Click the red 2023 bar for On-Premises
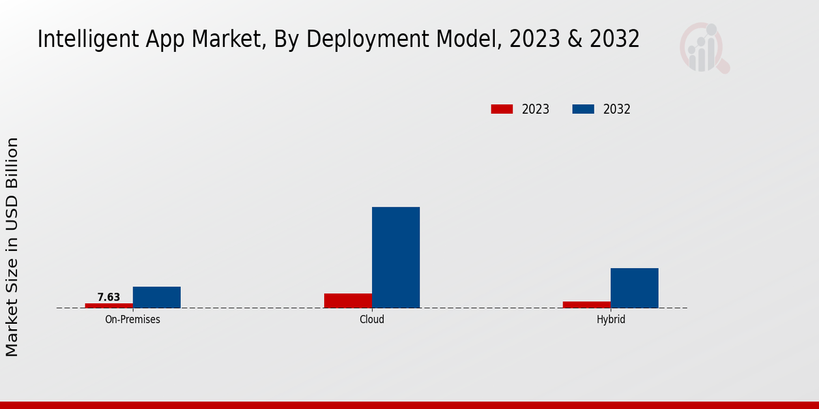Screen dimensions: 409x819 coord(109,305)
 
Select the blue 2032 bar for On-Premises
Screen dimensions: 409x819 coord(156,297)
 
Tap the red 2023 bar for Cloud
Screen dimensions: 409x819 coord(348,301)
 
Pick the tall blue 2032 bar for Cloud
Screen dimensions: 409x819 coord(396,257)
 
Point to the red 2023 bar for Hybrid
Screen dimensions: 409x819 coord(586,305)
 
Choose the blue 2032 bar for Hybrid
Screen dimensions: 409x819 coord(634,288)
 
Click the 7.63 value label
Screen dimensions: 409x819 coord(109,297)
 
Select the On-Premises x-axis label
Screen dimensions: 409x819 coord(132,319)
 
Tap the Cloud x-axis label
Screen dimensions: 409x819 coord(372,319)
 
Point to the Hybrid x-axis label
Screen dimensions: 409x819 coord(611,319)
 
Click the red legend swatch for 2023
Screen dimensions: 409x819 coord(502,109)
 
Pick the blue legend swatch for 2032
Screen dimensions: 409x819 coord(583,109)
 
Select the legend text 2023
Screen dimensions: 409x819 coord(536,109)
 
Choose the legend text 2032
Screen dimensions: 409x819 coord(617,109)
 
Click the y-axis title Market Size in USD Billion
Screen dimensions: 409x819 coord(12,247)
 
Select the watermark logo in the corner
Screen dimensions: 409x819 coord(704,48)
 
